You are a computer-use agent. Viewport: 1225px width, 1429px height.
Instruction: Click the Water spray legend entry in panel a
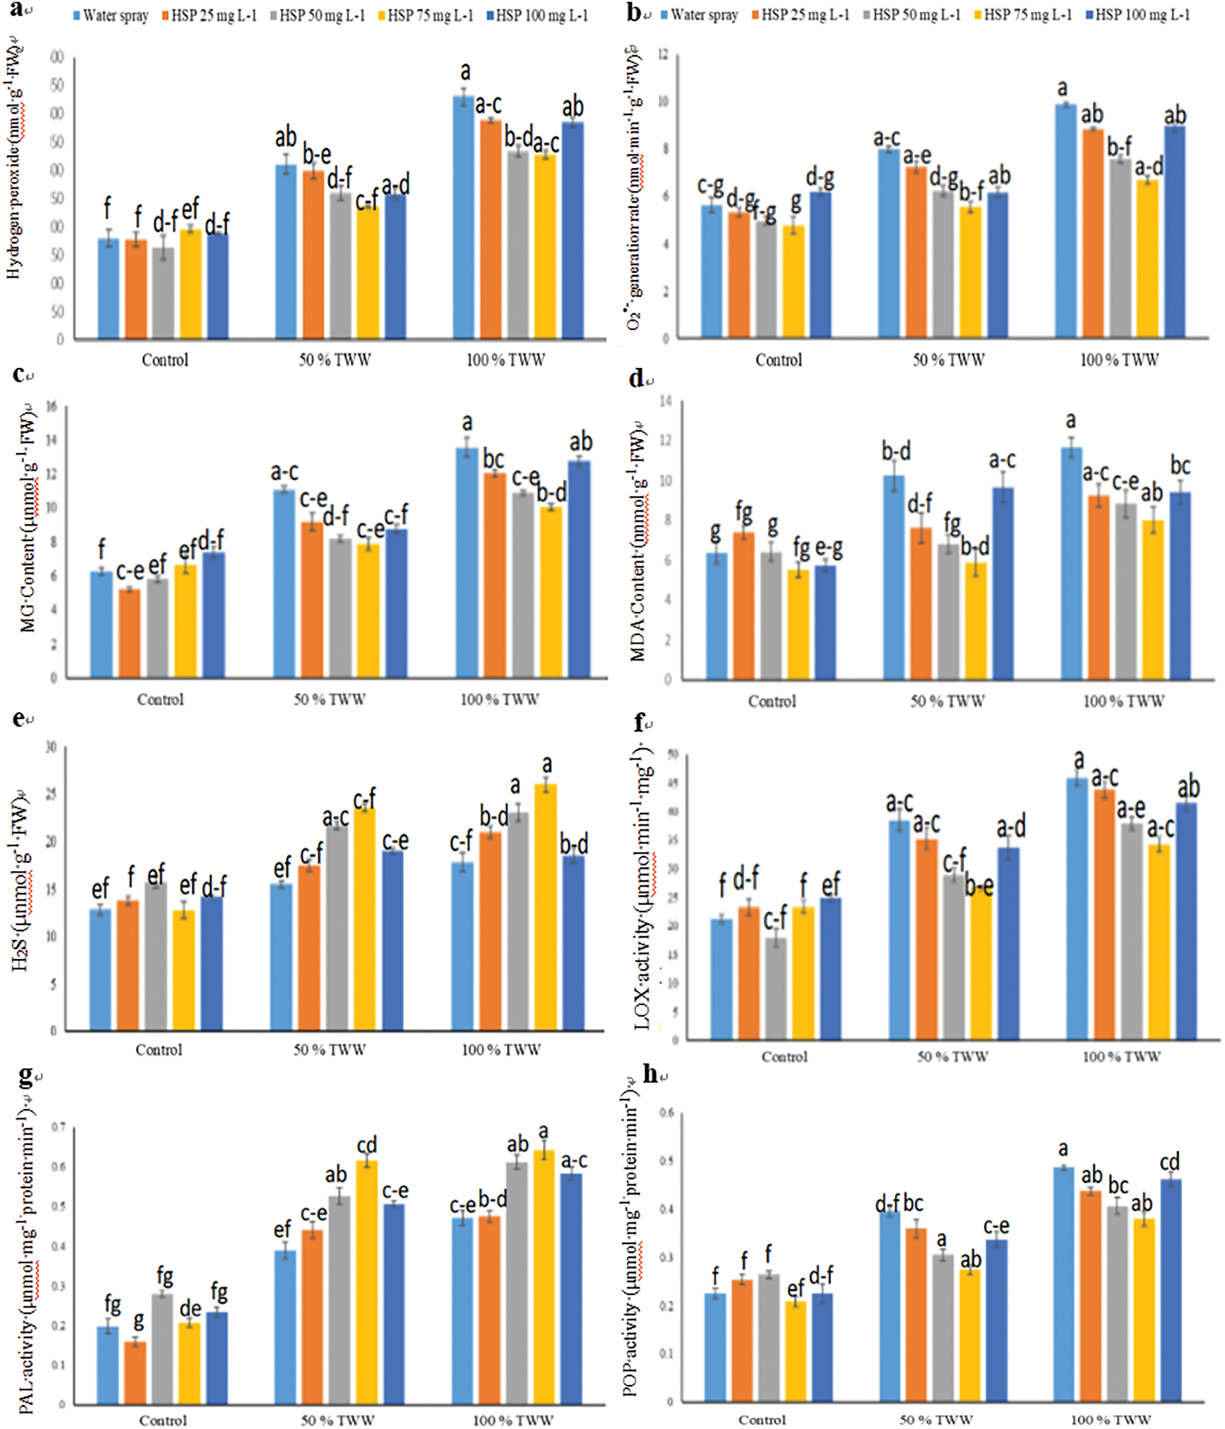112,15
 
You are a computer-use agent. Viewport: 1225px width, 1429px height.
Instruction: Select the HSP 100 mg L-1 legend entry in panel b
1137,15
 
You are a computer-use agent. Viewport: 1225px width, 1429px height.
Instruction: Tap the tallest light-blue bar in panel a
463,216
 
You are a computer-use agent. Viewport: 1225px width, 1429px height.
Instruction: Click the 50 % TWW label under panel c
329,699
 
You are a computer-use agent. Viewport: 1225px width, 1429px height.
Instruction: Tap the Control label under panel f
784,1057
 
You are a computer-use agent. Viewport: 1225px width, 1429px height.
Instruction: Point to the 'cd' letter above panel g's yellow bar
366,1145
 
